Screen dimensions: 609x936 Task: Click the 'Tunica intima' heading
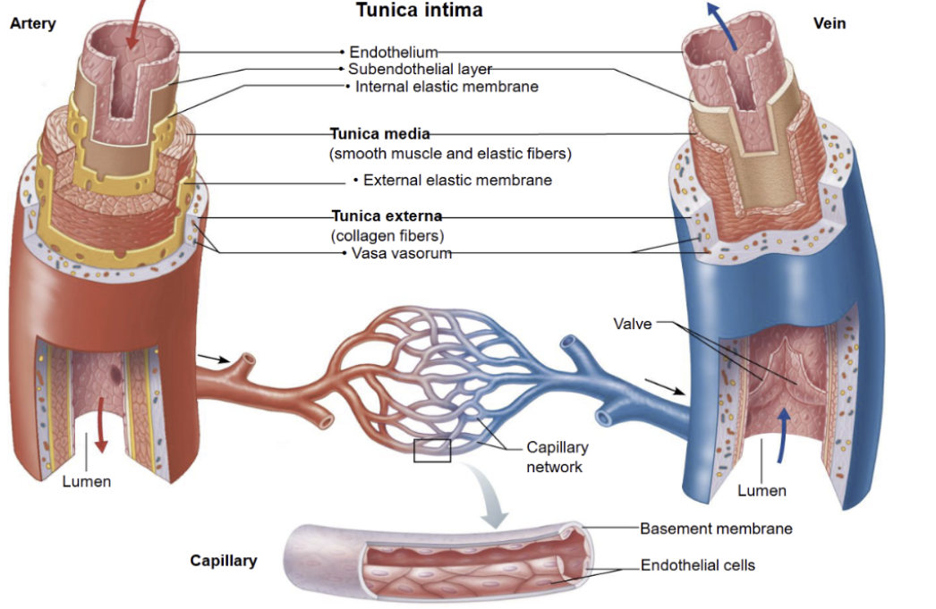(x=419, y=11)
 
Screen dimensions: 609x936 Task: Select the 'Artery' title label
(x=32, y=24)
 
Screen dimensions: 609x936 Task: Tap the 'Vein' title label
(x=830, y=24)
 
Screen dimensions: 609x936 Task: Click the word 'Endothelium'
(x=393, y=53)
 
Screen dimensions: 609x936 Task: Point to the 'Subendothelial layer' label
(x=420, y=69)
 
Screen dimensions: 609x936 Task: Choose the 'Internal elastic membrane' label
(x=447, y=87)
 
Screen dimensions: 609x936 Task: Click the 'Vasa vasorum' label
(x=400, y=253)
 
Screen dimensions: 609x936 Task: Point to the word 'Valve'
(x=633, y=323)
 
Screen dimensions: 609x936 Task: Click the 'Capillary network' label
(x=557, y=457)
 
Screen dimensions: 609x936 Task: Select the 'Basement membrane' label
(x=716, y=529)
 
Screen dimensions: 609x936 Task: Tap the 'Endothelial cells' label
(x=698, y=565)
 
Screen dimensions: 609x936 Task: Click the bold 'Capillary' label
(x=224, y=561)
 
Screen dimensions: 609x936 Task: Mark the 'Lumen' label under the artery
(x=87, y=481)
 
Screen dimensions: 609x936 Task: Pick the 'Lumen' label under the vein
(x=762, y=490)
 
